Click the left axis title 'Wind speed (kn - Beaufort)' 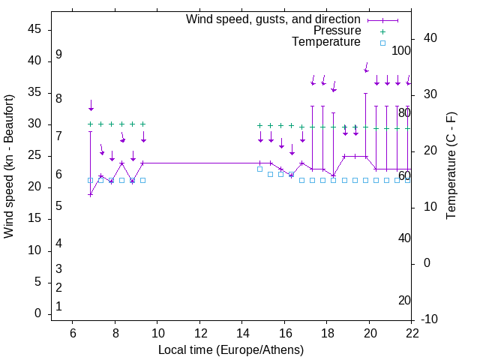coord(9,166)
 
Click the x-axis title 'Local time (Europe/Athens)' coord(231,350)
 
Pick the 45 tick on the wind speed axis coord(34,29)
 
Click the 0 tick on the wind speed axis coord(37,313)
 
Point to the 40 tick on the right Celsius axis coord(430,38)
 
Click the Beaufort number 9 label coord(58,55)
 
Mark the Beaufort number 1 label coord(58,307)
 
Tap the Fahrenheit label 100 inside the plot coord(402,51)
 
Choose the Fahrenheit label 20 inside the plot coord(404,301)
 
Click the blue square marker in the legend coord(382,43)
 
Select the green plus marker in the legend coord(382,31)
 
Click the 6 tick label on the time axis coord(73,333)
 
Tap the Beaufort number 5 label coord(58,205)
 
